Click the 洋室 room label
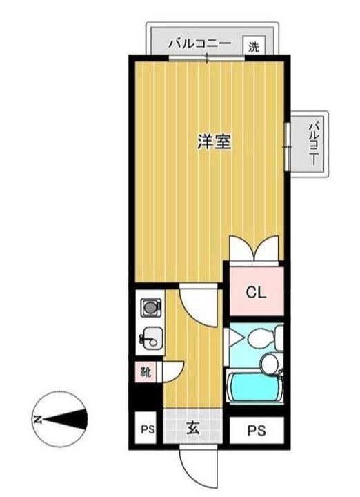(x=213, y=143)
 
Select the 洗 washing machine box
(x=254, y=47)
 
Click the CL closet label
(x=255, y=292)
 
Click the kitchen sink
(x=152, y=339)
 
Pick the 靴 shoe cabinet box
(x=146, y=373)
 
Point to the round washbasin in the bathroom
(x=270, y=363)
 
